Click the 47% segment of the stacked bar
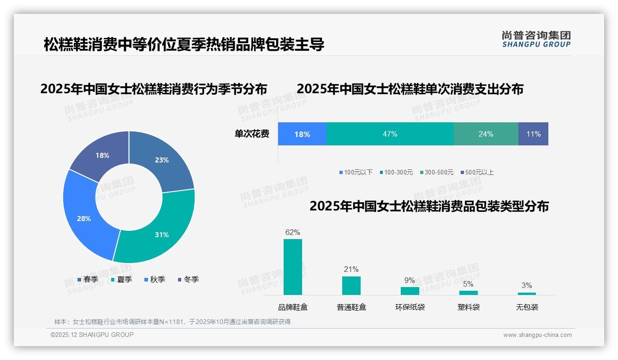[x=390, y=134]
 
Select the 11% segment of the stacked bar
[x=533, y=134]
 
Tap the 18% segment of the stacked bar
[x=302, y=134]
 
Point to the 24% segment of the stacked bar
[x=486, y=134]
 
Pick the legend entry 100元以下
[x=356, y=172]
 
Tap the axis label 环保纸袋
[x=410, y=307]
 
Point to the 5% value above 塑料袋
[x=468, y=284]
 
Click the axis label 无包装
[x=527, y=307]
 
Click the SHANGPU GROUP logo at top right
[x=536, y=39]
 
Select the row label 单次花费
[x=251, y=134]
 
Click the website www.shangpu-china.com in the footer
[x=537, y=335]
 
